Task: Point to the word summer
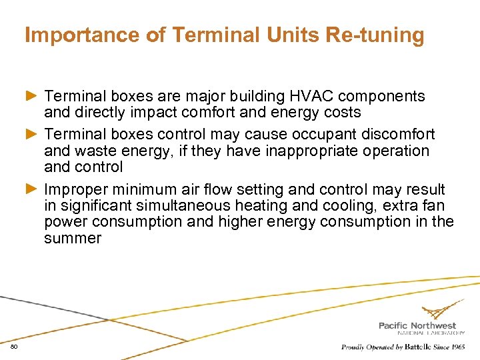click(73, 238)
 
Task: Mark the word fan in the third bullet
click(433, 206)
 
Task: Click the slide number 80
click(14, 347)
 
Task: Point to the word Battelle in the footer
click(416, 347)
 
